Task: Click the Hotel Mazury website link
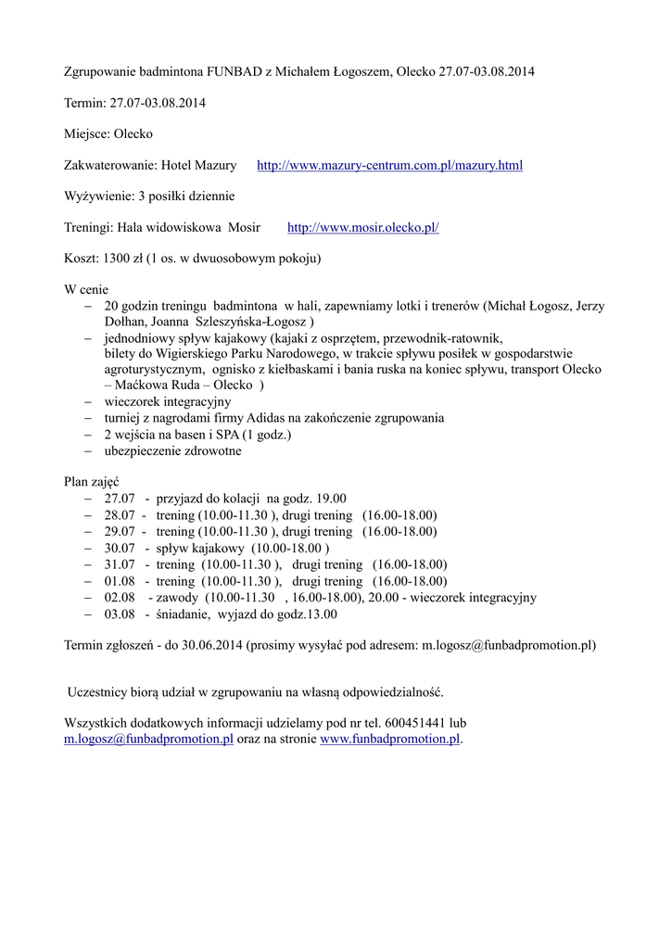389,166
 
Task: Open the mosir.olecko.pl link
362,227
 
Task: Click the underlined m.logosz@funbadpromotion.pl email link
148,739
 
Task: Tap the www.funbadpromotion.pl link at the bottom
389,739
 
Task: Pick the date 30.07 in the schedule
120,549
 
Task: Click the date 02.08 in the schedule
120,598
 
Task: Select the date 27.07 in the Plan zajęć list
120,499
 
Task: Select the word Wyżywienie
97,196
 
